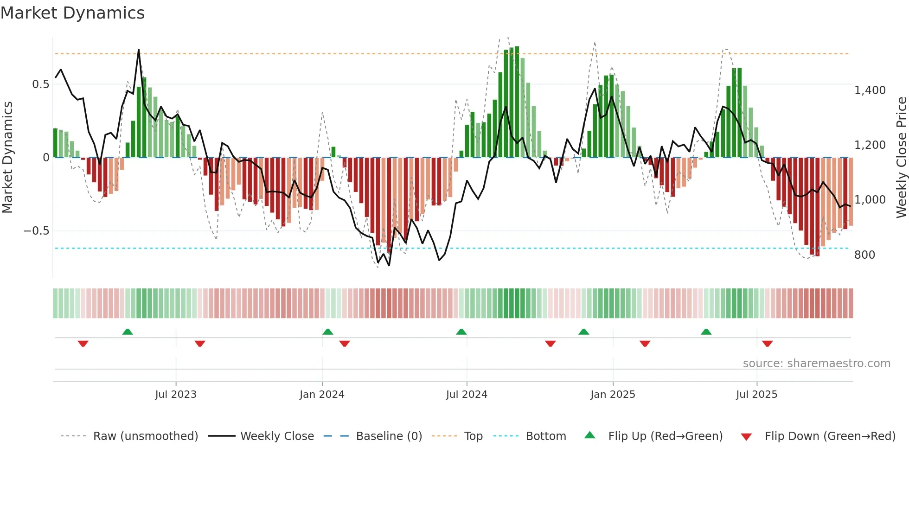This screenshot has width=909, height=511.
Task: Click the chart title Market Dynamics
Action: [72, 13]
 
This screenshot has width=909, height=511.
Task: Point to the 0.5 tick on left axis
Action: [40, 84]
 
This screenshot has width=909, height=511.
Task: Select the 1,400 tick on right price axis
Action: [870, 90]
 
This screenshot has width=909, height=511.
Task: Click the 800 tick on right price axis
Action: [864, 255]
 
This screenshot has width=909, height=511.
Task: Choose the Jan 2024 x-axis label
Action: [322, 395]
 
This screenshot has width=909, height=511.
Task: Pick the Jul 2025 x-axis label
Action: [756, 395]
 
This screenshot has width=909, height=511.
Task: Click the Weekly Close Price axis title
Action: [901, 157]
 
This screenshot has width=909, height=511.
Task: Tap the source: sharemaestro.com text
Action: [816, 364]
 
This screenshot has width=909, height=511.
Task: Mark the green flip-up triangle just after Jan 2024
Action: [328, 332]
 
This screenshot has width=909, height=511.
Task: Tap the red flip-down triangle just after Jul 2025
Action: [767, 344]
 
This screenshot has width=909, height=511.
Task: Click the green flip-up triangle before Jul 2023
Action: [128, 332]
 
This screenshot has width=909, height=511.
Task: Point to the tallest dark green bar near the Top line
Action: [517, 102]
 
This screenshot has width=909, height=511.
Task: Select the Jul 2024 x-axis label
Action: [467, 395]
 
